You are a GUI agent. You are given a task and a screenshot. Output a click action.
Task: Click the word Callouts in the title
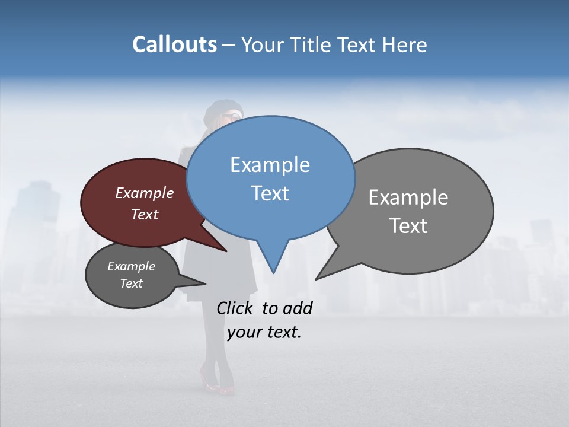pyautogui.click(x=174, y=44)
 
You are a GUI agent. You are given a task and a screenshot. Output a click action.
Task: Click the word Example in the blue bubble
pyautogui.click(x=270, y=165)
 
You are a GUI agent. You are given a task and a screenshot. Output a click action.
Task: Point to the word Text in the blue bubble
pyautogui.click(x=270, y=193)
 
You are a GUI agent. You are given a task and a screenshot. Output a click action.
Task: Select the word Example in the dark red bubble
pyautogui.click(x=144, y=193)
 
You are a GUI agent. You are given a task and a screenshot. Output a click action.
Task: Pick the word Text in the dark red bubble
pyautogui.click(x=144, y=214)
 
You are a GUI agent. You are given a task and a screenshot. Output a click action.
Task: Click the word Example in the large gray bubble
pyautogui.click(x=408, y=197)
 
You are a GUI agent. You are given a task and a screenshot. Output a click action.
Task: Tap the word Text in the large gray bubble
pyautogui.click(x=408, y=225)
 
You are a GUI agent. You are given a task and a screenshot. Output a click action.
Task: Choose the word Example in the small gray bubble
pyautogui.click(x=131, y=266)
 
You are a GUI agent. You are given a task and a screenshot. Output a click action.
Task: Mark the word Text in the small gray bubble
pyautogui.click(x=131, y=283)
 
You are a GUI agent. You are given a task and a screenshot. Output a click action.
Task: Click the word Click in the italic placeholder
pyautogui.click(x=236, y=308)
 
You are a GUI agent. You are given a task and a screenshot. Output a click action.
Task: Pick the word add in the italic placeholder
pyautogui.click(x=297, y=308)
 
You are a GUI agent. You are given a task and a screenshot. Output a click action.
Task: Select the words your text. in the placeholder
pyautogui.click(x=264, y=332)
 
